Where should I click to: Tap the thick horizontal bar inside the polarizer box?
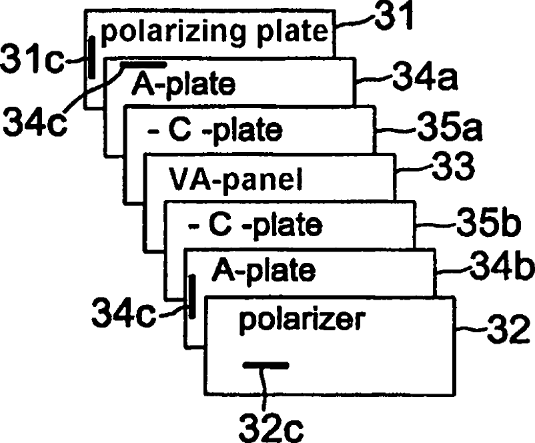[x=265, y=365]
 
